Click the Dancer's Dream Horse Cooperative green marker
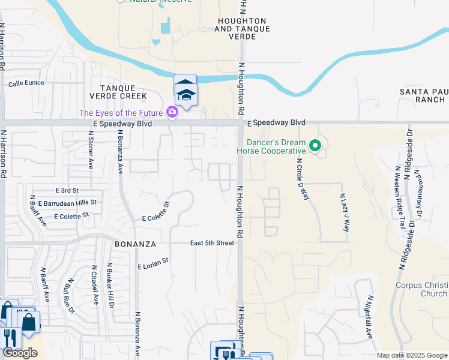(314, 146)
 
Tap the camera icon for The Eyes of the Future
(172, 112)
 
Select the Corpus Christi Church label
(421, 289)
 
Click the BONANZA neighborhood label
(136, 244)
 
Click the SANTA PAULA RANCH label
(424, 95)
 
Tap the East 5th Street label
(212, 243)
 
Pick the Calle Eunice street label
(26, 83)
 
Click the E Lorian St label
(154, 262)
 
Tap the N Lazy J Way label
(344, 212)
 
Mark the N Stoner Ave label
(91, 152)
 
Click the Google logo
(20, 353)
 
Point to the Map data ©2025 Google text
(412, 356)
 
